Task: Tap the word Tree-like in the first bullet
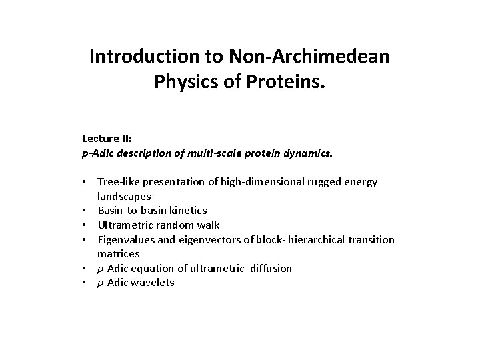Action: click(x=119, y=182)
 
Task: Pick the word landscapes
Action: click(x=124, y=196)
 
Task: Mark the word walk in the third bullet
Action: click(x=209, y=225)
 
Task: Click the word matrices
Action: click(x=119, y=254)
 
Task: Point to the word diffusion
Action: click(x=269, y=268)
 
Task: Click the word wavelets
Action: click(x=153, y=283)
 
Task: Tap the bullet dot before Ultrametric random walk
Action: click(x=87, y=225)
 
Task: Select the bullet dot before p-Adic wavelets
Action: click(x=87, y=283)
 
